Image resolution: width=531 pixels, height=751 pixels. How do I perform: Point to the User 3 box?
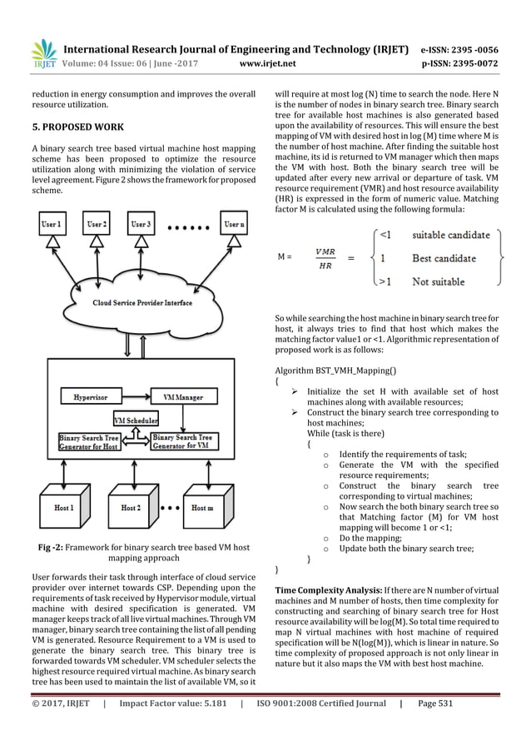(141, 224)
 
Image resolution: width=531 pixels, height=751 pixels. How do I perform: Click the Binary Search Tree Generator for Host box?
(90, 441)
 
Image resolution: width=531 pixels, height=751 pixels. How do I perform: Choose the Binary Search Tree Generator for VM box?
(186, 441)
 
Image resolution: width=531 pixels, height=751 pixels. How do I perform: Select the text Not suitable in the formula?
(439, 282)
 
